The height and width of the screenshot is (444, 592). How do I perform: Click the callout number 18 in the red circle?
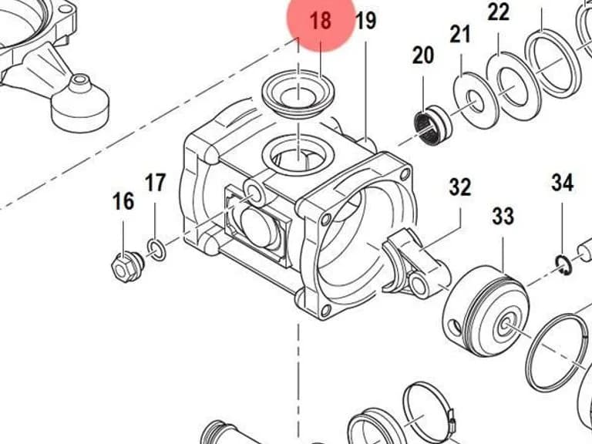tap(321, 20)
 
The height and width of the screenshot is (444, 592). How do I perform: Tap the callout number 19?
tap(365, 21)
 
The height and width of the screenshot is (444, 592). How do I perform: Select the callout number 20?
tap(423, 55)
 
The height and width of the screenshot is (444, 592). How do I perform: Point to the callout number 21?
tap(460, 34)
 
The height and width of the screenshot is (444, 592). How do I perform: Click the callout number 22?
tap(499, 12)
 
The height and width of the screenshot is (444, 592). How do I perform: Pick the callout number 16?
tap(123, 201)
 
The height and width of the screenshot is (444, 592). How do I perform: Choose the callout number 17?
tap(155, 183)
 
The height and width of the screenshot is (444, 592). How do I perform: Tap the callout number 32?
tap(460, 187)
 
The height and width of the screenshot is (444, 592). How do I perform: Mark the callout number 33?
tap(503, 217)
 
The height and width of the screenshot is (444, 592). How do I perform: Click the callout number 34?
tap(562, 183)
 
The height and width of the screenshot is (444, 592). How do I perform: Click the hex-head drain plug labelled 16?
tap(128, 266)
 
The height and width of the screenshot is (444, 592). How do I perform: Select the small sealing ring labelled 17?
tap(156, 250)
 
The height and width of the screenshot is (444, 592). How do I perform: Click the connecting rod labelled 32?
tap(415, 262)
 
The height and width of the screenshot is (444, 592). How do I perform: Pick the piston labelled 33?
tap(486, 311)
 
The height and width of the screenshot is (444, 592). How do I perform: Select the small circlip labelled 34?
tap(563, 265)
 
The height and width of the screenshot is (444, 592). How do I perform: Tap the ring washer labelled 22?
tap(513, 87)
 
